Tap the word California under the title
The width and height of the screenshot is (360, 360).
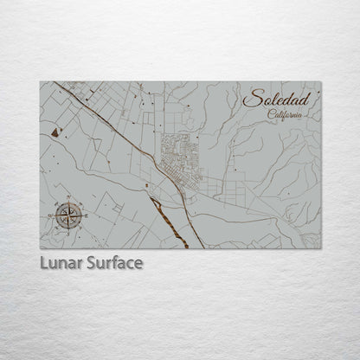tap(285, 115)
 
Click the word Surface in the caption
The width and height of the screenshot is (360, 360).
tap(113, 260)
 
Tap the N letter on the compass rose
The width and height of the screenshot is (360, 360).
tap(67, 201)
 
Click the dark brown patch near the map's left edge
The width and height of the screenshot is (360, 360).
tap(57, 131)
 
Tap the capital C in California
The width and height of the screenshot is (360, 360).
tap(270, 114)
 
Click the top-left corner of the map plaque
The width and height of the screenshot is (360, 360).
tap(40, 81)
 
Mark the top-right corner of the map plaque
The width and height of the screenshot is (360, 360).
tap(322, 81)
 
